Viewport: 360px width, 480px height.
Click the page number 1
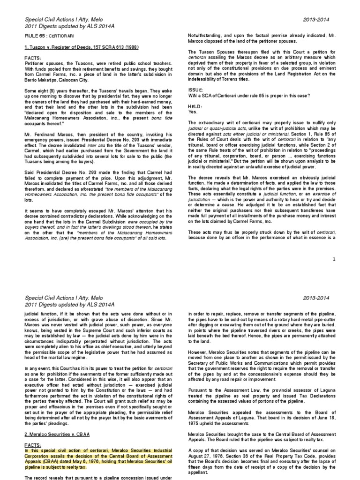pyautogui.click(x=334, y=259)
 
